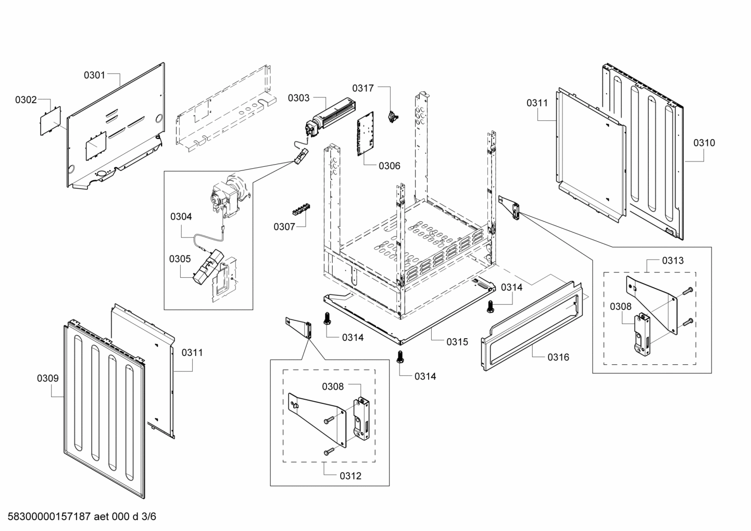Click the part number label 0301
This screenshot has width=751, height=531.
click(x=94, y=75)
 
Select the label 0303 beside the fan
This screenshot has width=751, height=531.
click(x=298, y=98)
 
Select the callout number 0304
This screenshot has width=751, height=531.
click(x=181, y=216)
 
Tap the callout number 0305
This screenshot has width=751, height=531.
click(x=180, y=259)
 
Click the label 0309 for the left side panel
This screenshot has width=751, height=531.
click(x=47, y=378)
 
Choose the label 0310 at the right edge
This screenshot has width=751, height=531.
click(x=704, y=143)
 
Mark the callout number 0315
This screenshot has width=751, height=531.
click(x=457, y=342)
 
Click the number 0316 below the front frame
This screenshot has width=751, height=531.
click(x=558, y=357)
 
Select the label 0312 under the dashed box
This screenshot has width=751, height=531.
click(x=350, y=476)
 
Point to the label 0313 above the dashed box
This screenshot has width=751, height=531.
click(x=673, y=260)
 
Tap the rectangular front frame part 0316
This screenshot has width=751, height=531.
click(x=531, y=326)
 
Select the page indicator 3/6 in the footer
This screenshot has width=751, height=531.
click(x=148, y=517)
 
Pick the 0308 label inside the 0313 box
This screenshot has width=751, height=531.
click(x=620, y=307)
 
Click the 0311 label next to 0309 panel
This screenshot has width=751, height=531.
click(x=192, y=353)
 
